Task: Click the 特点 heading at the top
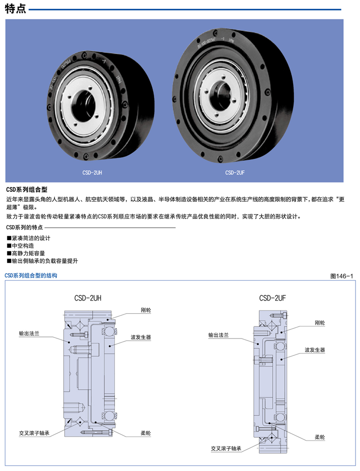[x=15, y=9]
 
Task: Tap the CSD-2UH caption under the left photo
[x=92, y=173]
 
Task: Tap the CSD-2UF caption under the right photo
[x=235, y=173]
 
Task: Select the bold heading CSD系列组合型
[x=27, y=190]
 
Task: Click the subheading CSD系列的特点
[x=24, y=227]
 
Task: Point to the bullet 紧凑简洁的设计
[x=28, y=238]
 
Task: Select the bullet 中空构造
[x=20, y=246]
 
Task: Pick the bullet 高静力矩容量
[x=26, y=254]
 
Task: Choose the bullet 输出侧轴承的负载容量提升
[x=42, y=261]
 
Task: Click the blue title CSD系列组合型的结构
[x=31, y=276]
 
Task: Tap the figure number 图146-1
[x=341, y=276]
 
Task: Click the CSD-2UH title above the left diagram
[x=88, y=298]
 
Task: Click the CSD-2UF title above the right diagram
[x=272, y=298]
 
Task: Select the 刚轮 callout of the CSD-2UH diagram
[x=146, y=310]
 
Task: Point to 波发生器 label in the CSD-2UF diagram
[x=315, y=350]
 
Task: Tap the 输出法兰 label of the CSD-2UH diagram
[x=29, y=334]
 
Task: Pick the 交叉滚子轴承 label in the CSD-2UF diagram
[x=226, y=448]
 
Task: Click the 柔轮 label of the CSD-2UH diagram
[x=146, y=433]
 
